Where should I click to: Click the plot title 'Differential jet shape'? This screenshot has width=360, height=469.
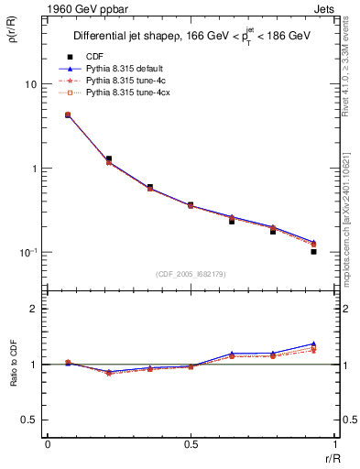pyautogui.click(x=125, y=37)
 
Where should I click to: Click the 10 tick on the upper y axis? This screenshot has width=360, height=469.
pyautogui.click(x=29, y=84)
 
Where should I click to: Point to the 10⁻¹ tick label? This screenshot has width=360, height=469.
pyautogui.click(x=27, y=252)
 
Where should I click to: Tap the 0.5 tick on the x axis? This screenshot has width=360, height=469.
pyautogui.click(x=191, y=444)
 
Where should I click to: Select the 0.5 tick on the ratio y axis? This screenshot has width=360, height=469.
pyautogui.click(x=27, y=420)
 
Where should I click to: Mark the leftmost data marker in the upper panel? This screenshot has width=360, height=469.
pyautogui.click(x=68, y=115)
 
